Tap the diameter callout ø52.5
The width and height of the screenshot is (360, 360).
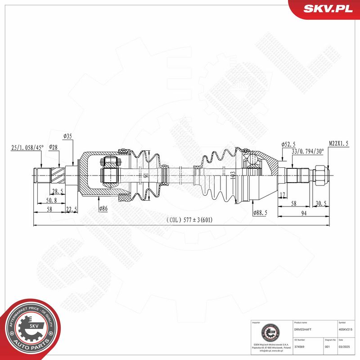[288, 144]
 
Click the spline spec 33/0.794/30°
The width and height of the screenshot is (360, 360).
[307, 152]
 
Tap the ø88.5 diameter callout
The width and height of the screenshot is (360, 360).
[260, 213]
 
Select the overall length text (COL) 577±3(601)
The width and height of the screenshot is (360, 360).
[189, 220]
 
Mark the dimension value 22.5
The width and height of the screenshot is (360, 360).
[72, 208]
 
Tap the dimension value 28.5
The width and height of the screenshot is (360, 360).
[57, 191]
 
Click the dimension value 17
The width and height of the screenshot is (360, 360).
[282, 195]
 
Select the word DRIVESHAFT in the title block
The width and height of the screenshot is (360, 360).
[302, 330]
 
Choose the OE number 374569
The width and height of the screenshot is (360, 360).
[299, 347]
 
